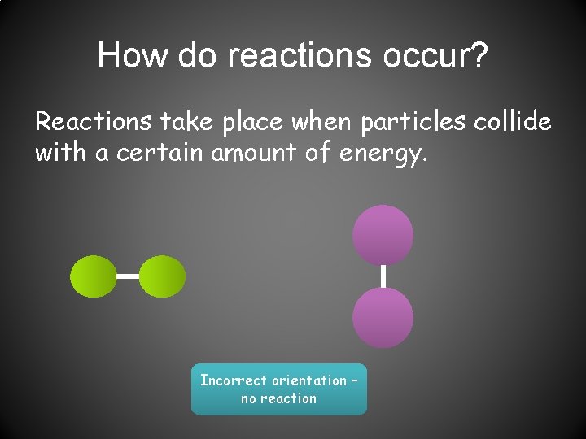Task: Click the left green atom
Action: coord(94,276)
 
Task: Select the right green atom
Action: coord(163,276)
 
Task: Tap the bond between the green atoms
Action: coord(128,276)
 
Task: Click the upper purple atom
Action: coord(383,235)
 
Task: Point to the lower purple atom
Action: coord(383,318)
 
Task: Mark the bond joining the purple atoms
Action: coord(383,276)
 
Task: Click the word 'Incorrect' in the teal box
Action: coord(234,380)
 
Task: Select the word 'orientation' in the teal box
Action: coord(308,380)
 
